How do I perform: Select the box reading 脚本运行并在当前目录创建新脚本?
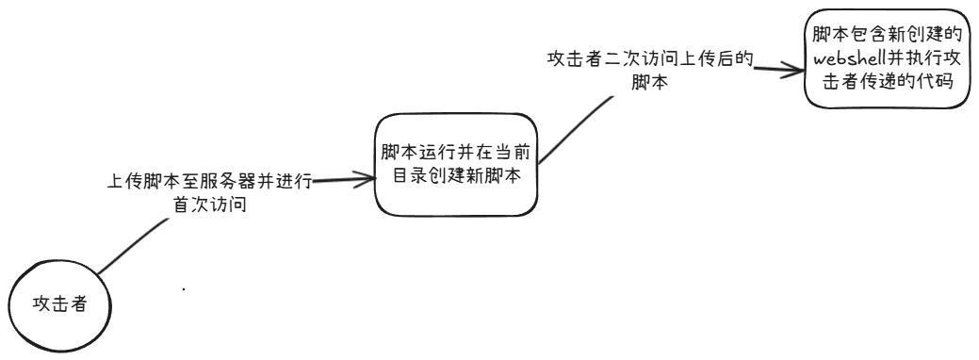pos(456,165)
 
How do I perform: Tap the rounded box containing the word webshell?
pos(886,58)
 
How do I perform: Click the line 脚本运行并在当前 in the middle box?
pos(456,153)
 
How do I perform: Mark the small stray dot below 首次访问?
pos(182,288)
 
